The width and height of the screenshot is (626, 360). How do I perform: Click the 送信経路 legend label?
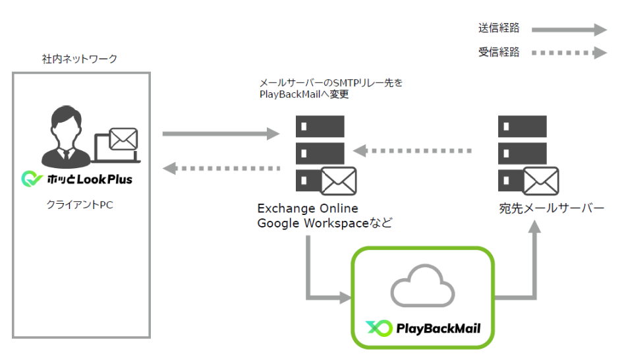click(x=499, y=28)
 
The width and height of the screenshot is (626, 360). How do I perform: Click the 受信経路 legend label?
click(x=499, y=52)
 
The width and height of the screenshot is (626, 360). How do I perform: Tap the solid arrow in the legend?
click(x=568, y=29)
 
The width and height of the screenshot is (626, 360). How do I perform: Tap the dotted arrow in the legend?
click(x=568, y=53)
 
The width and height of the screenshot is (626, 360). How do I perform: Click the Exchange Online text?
click(x=308, y=208)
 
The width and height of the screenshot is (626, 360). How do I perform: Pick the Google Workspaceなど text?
click(x=324, y=223)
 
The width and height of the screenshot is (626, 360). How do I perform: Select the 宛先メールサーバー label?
click(x=551, y=209)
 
